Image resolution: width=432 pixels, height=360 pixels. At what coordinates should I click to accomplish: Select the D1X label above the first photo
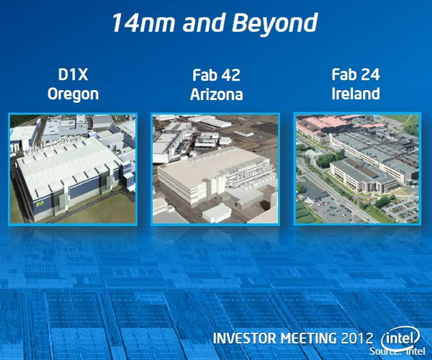click(x=73, y=75)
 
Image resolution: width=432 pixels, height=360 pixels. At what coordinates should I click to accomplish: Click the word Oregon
click(x=73, y=94)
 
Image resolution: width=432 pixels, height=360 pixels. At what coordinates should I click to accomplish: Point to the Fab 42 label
click(x=216, y=76)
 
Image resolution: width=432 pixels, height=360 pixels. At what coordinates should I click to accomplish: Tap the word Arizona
click(x=216, y=94)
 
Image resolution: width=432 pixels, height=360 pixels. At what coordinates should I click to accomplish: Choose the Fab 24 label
click(x=356, y=75)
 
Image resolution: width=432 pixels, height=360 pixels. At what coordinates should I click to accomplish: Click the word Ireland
click(x=356, y=94)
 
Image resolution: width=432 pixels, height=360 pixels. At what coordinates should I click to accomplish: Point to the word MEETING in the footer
click(x=309, y=338)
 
